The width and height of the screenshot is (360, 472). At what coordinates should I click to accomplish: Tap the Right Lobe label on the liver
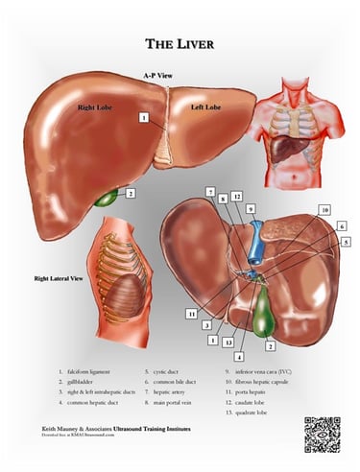pyautogui.click(x=96, y=108)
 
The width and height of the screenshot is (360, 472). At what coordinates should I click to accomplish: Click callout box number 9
pyautogui.click(x=252, y=208)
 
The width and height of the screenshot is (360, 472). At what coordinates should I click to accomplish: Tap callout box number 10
pyautogui.click(x=324, y=209)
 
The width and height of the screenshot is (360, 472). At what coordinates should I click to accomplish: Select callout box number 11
pyautogui.click(x=192, y=312)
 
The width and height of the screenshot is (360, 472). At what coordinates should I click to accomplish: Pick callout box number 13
pyautogui.click(x=227, y=341)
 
